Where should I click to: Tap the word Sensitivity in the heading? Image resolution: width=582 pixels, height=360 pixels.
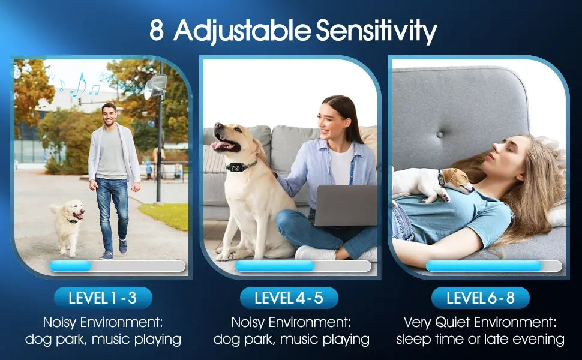tap(376, 31)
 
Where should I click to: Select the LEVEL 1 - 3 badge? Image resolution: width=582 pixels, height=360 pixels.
tap(103, 298)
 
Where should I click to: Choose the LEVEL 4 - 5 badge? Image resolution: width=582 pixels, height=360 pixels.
tap(289, 298)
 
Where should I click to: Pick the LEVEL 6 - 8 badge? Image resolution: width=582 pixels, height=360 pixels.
tap(480, 298)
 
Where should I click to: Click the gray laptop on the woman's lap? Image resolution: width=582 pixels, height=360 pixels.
tap(345, 205)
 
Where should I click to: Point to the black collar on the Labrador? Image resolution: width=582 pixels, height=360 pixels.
tap(240, 167)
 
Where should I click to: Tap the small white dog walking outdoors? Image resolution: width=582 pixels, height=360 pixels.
tap(68, 227)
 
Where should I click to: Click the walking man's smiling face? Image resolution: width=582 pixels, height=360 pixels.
tap(109, 115)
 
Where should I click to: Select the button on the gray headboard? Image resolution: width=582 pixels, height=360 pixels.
tap(440, 134)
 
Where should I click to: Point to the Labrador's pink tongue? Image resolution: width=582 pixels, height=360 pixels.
tap(217, 145)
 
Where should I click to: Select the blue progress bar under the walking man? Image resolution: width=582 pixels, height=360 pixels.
tap(71, 266)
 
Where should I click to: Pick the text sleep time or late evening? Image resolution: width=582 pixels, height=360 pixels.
tap(480, 339)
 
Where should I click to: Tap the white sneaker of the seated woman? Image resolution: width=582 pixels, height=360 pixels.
tap(316, 253)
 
